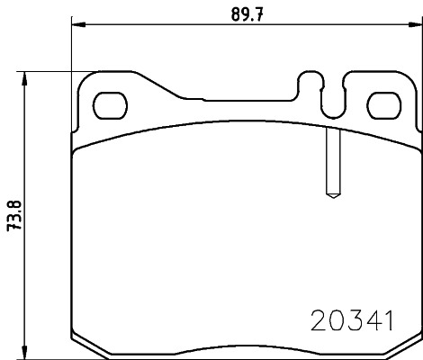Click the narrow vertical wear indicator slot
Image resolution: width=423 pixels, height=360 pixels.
pyautogui.click(x=330, y=158)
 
